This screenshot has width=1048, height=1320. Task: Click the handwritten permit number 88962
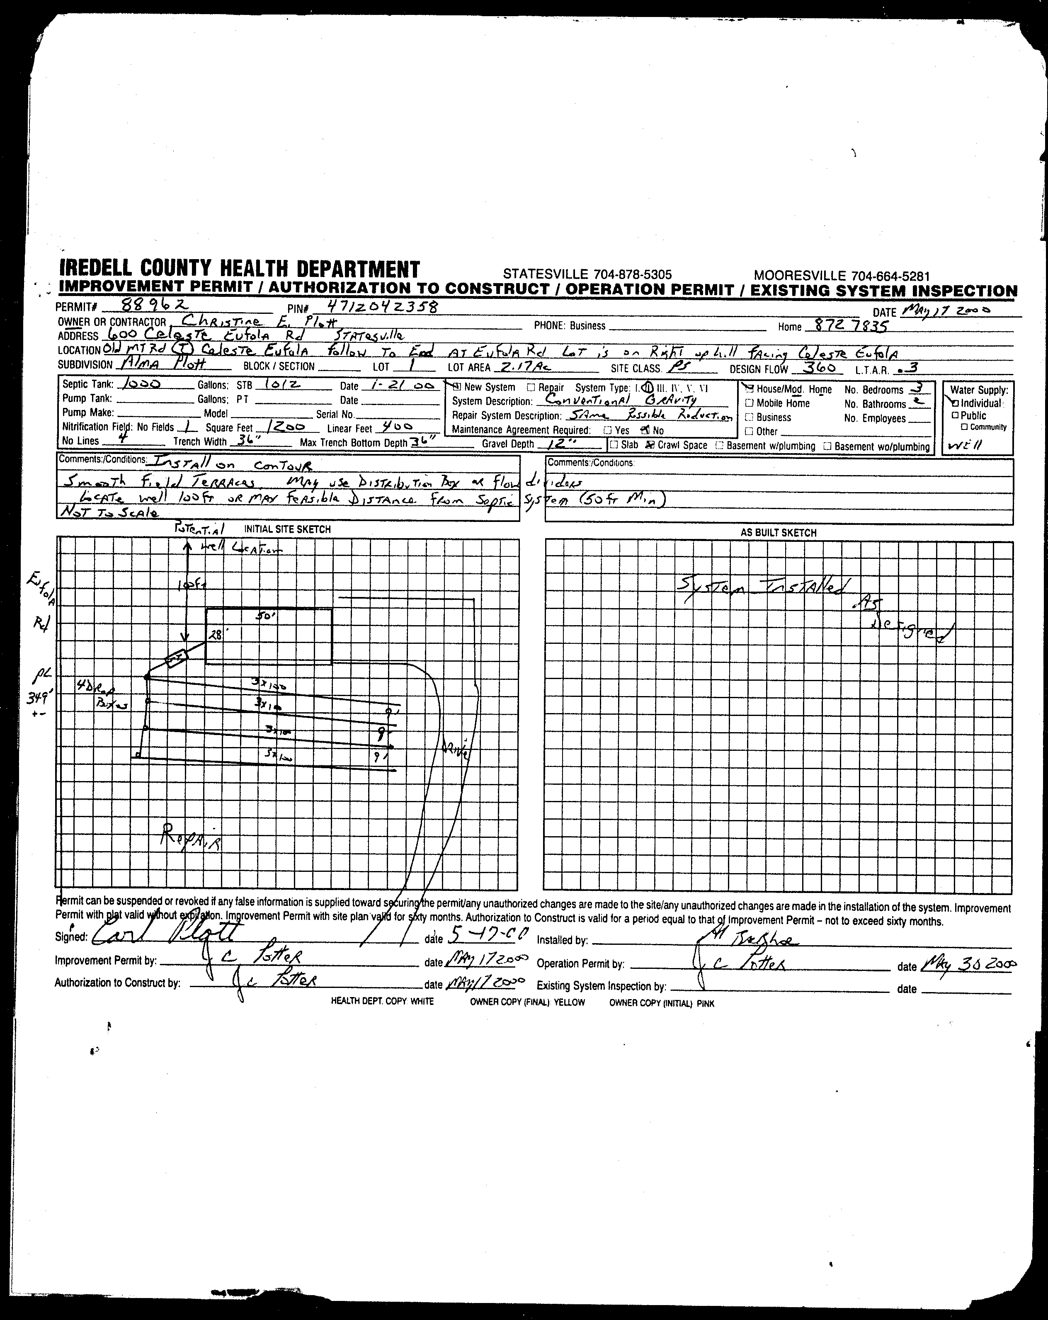[x=155, y=304]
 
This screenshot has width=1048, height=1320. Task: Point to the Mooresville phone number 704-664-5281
[x=842, y=276]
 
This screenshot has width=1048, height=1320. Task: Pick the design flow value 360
[x=818, y=367]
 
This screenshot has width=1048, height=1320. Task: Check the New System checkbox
[x=456, y=386]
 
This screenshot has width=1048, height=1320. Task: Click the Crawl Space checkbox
[x=651, y=445]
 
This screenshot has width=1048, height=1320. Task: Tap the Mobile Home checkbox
[x=749, y=403]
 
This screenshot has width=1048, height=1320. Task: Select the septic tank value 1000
[x=142, y=384]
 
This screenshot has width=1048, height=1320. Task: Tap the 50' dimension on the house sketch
[x=267, y=617]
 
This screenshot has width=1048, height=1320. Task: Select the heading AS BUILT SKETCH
[x=778, y=533]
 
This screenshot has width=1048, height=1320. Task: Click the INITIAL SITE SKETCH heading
[x=287, y=529]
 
